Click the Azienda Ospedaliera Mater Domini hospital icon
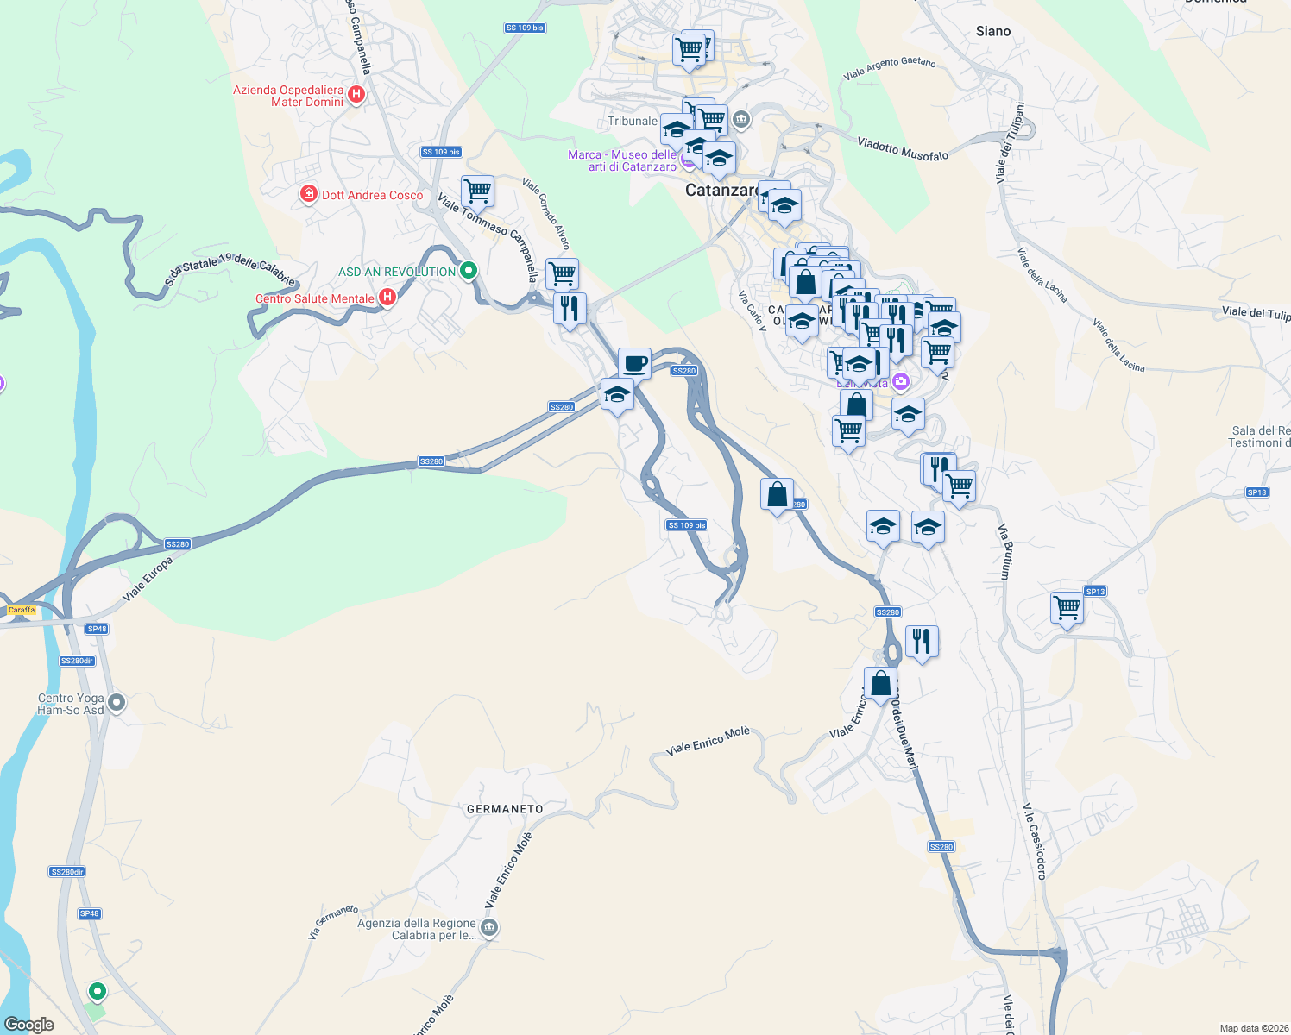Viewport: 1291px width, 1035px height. click(356, 94)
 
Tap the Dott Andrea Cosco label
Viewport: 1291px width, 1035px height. click(372, 195)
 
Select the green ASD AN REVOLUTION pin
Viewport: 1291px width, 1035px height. click(469, 271)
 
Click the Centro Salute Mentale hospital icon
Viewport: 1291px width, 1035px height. click(387, 298)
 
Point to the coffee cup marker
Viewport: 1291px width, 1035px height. click(634, 363)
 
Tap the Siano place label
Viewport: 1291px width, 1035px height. click(992, 31)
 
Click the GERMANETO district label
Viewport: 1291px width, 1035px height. click(505, 809)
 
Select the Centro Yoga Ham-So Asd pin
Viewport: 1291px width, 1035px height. click(117, 703)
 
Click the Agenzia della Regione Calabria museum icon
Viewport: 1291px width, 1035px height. click(489, 928)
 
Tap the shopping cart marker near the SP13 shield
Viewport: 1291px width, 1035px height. click(1067, 608)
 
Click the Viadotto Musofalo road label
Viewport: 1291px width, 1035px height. click(903, 149)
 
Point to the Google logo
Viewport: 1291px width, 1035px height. click(29, 1025)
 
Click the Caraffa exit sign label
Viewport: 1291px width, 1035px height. click(22, 610)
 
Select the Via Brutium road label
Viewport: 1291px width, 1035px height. click(1004, 551)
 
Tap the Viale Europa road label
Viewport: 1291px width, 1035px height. click(148, 579)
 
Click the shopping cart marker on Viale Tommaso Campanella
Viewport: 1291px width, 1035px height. click(477, 191)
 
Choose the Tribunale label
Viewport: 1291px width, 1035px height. click(632, 121)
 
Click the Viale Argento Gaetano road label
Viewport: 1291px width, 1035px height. click(889, 67)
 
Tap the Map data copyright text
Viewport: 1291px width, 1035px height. click(1250, 1028)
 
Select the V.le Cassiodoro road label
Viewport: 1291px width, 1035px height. click(1034, 841)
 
